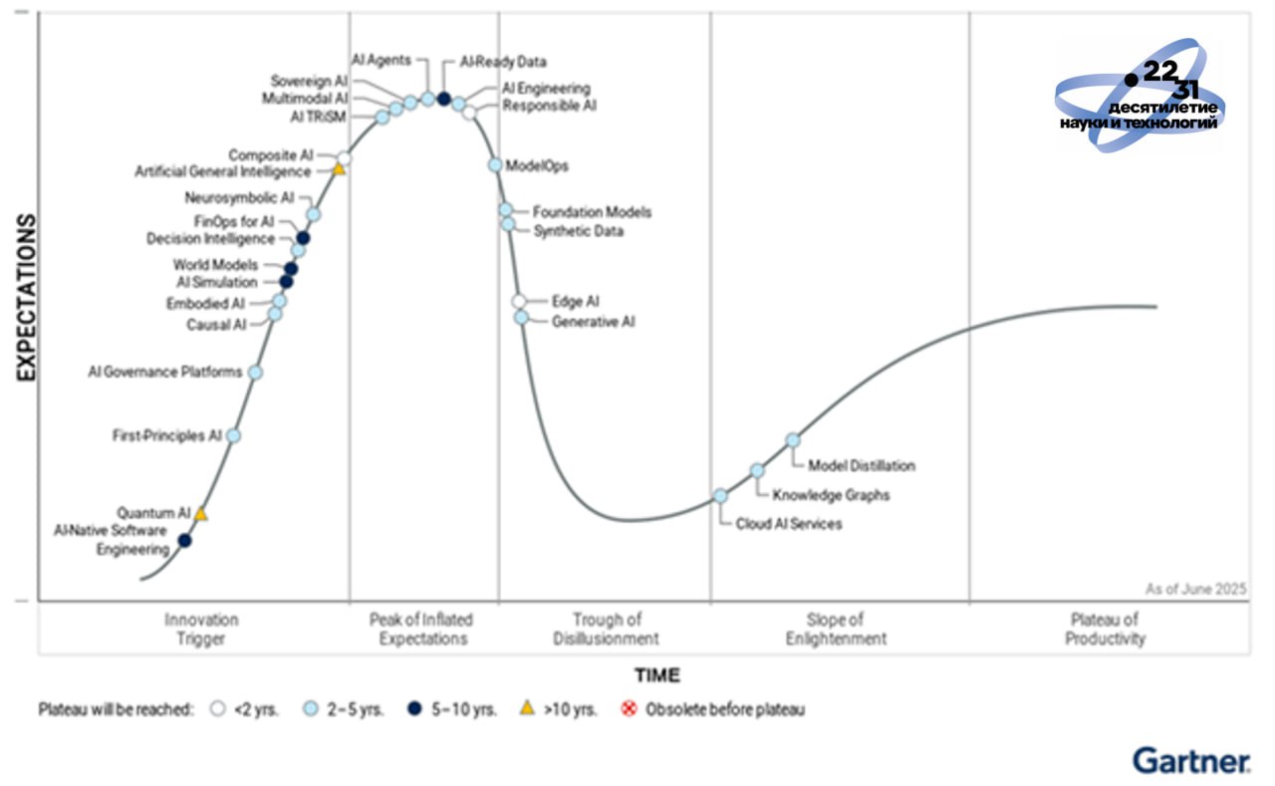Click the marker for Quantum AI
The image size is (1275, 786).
coord(201,514)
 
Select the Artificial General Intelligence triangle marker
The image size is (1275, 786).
coord(339,169)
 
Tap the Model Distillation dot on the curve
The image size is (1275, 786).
coord(793,439)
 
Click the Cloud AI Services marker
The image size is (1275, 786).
coord(720,495)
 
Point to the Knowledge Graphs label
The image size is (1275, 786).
coord(831,494)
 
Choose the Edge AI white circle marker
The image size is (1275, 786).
coord(519,301)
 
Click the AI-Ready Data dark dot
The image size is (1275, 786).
coord(444,99)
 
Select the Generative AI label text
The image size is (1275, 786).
coord(593,322)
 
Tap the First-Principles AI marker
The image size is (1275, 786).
coord(234,435)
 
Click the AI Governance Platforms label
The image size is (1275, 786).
coord(164,373)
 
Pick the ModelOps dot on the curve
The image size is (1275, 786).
coord(495,165)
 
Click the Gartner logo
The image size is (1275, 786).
coord(1191,761)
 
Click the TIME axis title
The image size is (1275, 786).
coord(657,675)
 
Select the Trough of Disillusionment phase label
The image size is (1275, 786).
coord(606,630)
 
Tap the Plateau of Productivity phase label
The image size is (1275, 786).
coord(1105,630)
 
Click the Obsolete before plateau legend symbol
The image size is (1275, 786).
coord(629,709)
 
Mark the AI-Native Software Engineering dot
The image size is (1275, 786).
coord(184,541)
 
